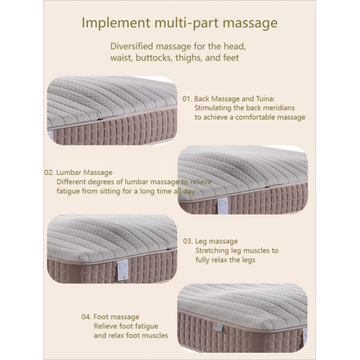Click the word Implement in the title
(x=116, y=23)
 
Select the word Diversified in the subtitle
(x=132, y=46)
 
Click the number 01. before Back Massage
(x=187, y=99)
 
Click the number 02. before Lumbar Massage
(x=49, y=173)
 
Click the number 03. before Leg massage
(x=188, y=241)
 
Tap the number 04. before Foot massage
(x=86, y=317)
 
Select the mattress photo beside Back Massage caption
(x=112, y=111)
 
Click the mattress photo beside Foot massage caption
(x=243, y=318)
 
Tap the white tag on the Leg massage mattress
(x=122, y=269)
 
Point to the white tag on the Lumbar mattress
(x=222, y=205)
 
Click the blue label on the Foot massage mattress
(x=219, y=326)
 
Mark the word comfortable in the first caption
(x=255, y=117)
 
